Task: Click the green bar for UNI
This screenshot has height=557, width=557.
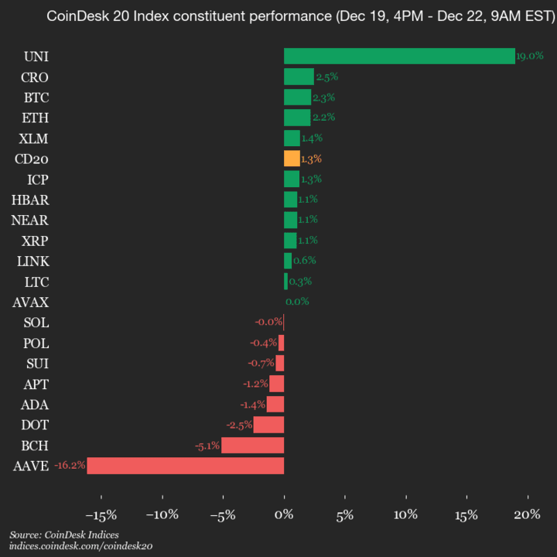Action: point(399,56)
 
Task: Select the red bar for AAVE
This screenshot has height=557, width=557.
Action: point(186,466)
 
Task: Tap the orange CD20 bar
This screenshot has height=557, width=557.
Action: point(292,159)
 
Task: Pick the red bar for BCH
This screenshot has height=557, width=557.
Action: point(252,445)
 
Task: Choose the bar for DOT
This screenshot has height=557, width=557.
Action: point(268,425)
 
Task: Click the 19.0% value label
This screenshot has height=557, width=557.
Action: point(530,56)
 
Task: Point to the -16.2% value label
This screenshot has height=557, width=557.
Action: point(70,466)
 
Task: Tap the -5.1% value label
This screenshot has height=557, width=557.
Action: point(207,446)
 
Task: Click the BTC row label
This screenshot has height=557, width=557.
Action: point(36,97)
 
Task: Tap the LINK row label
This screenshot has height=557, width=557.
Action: point(33,261)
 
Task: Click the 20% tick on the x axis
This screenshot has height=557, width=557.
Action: point(528,514)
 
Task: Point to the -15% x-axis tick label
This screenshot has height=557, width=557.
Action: point(100,514)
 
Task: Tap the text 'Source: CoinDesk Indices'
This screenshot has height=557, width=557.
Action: point(64,535)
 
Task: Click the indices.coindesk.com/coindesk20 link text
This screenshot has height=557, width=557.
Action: point(80,546)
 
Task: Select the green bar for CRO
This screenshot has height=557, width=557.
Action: point(299,77)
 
